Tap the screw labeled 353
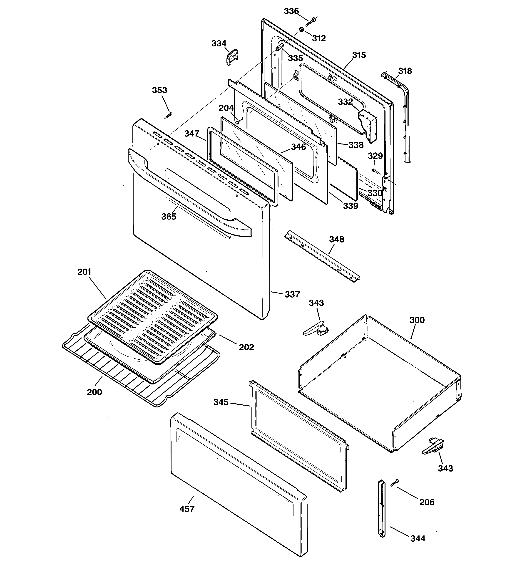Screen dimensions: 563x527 168,115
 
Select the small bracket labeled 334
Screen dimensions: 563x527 232,56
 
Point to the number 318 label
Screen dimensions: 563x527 405,71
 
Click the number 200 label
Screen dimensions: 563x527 94,392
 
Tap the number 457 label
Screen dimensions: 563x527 187,517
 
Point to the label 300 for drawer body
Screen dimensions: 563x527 417,320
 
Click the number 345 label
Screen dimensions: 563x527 221,402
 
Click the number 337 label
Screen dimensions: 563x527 292,295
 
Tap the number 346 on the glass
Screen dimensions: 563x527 298,147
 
